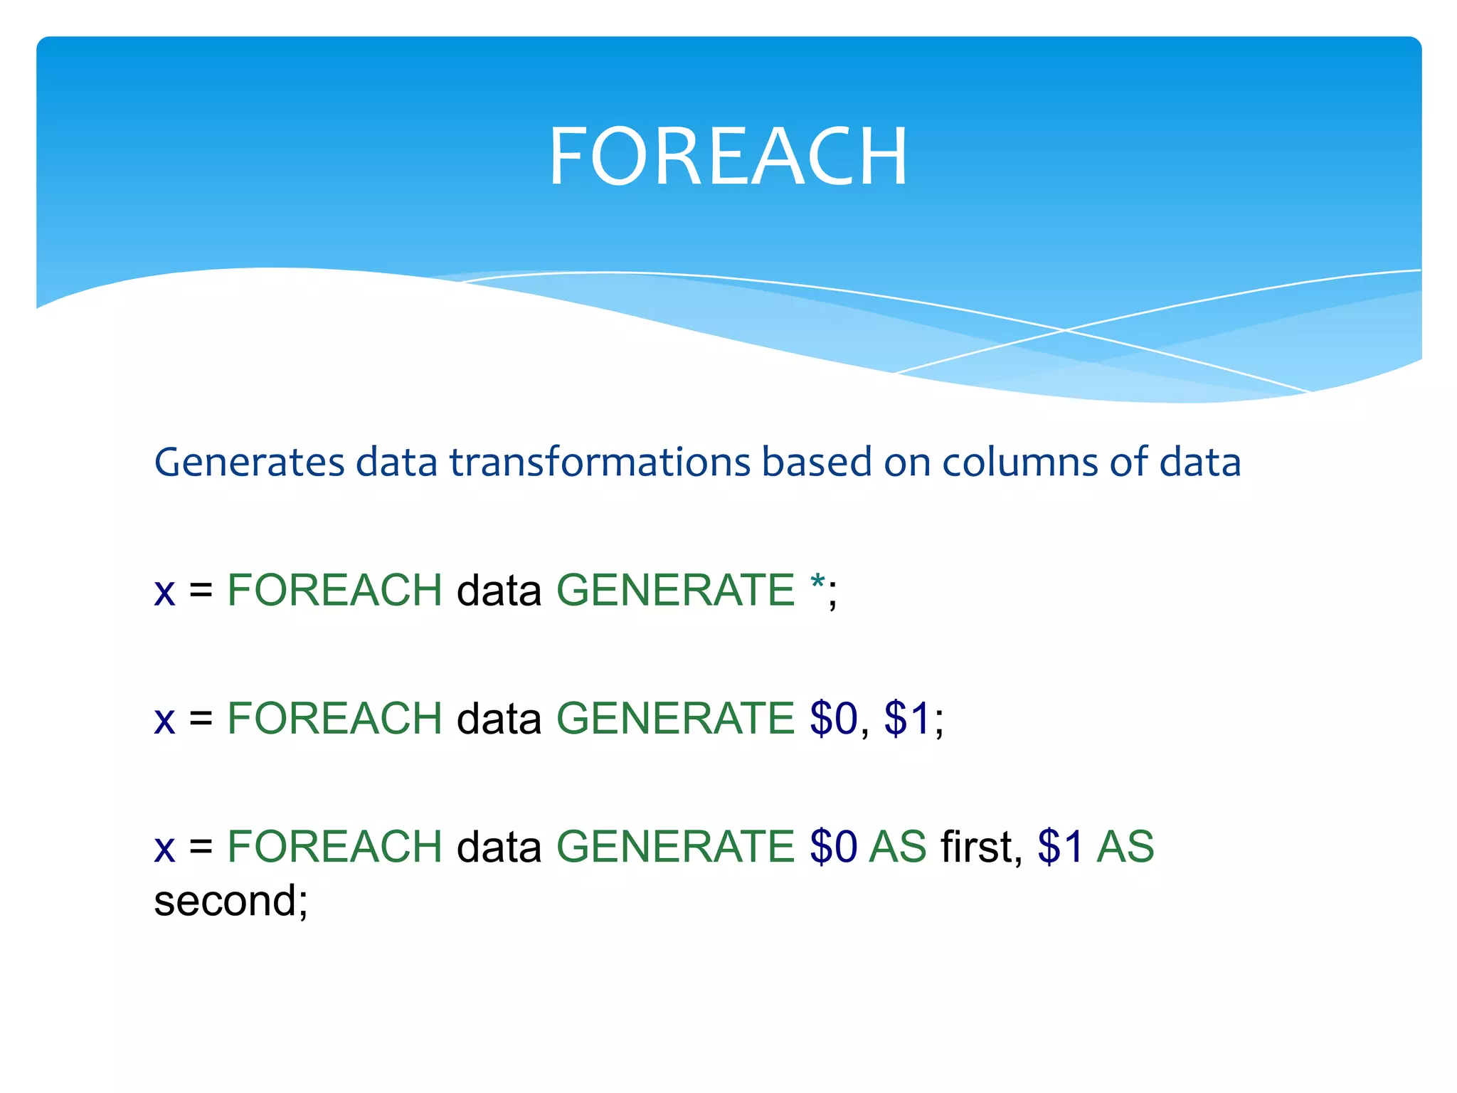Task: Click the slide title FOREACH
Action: pos(728,156)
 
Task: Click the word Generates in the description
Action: pos(249,463)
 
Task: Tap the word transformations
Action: pos(600,463)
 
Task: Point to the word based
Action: pos(817,463)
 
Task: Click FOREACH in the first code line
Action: pos(334,590)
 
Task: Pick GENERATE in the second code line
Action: pos(674,718)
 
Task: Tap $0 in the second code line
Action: pos(833,718)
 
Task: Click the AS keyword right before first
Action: pos(898,846)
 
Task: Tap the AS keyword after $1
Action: pos(1125,846)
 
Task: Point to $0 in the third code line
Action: pos(833,846)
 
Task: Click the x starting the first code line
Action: pos(164,591)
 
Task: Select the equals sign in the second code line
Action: pos(201,719)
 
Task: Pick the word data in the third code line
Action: pos(499,846)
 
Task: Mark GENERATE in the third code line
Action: pos(674,846)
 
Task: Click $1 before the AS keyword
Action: pos(1060,846)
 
